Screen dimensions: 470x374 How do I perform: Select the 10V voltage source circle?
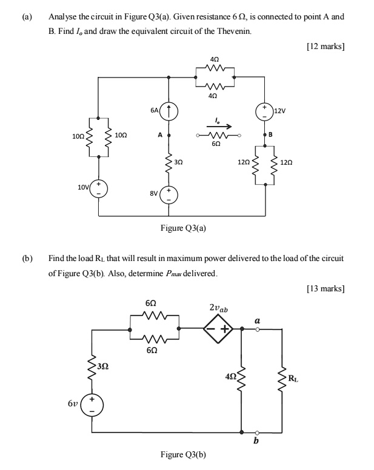(x=98, y=189)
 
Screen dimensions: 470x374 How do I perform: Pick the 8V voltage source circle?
(x=169, y=195)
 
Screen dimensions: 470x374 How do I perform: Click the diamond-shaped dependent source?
(x=219, y=329)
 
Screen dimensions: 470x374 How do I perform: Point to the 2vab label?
(x=219, y=309)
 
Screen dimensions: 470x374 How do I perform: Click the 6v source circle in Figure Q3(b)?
(x=92, y=404)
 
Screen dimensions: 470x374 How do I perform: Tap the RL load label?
(x=293, y=380)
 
